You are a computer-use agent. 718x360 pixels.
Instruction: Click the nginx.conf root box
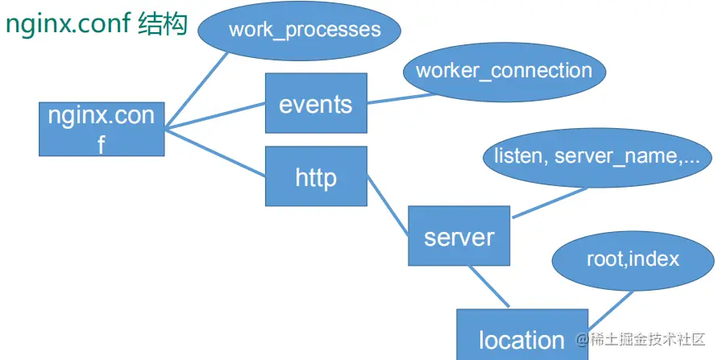coord(102,129)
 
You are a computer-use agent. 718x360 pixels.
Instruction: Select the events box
coord(316,104)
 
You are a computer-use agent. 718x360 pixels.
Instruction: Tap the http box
coord(316,176)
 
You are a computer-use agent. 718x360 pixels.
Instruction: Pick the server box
coord(459,236)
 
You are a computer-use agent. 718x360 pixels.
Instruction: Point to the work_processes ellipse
coord(305,31)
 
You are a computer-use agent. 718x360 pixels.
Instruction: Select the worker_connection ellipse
coord(504,71)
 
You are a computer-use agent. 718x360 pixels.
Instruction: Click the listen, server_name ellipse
coord(597,155)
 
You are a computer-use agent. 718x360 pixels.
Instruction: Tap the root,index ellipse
coord(633,259)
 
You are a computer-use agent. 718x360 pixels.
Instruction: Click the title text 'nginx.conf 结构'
coord(96,24)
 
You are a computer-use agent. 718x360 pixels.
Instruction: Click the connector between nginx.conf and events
coord(215,116)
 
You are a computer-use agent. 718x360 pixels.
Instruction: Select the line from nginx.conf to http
coord(215,152)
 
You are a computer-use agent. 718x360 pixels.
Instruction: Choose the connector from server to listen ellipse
coord(550,202)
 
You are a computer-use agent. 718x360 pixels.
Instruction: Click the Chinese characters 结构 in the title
coord(162,24)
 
